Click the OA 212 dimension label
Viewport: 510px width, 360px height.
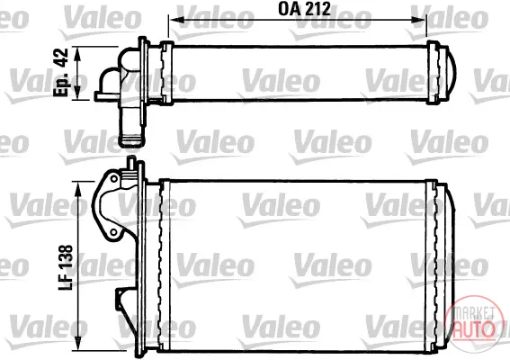click(x=304, y=9)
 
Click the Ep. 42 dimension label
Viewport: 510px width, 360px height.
click(x=61, y=72)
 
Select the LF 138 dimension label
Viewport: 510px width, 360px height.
click(x=66, y=267)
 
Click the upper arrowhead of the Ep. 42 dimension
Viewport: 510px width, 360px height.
click(x=77, y=53)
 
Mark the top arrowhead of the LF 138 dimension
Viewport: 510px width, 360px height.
click(x=78, y=188)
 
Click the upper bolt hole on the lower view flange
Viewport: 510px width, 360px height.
click(x=114, y=179)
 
